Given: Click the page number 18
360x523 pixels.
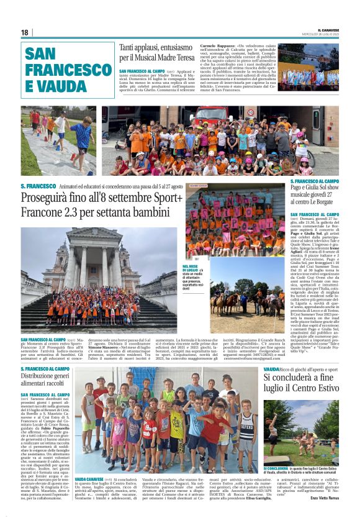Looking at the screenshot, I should click(x=25, y=32).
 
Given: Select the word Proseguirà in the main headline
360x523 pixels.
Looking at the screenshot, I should click(x=52, y=199).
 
